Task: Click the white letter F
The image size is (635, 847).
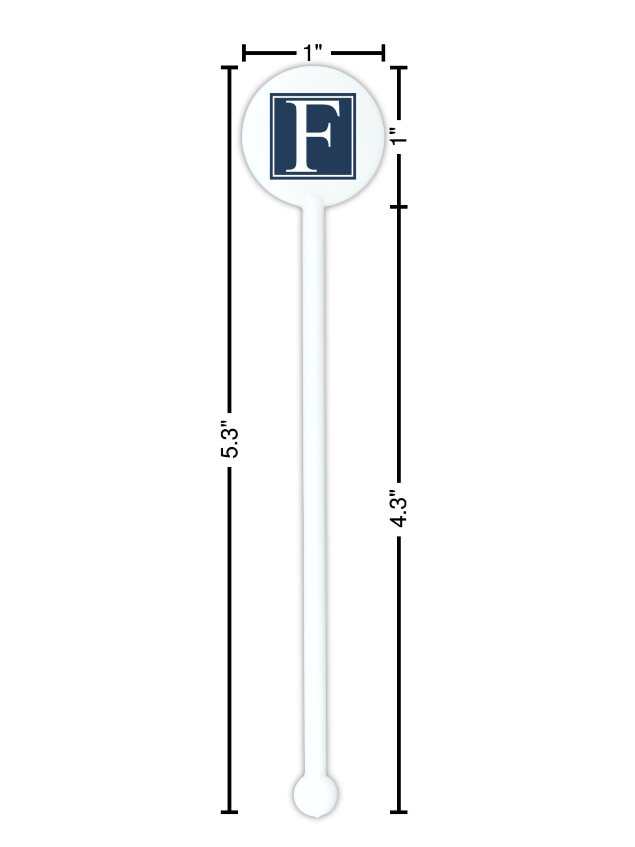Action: click(x=312, y=136)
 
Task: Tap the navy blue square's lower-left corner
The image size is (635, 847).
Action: click(x=270, y=180)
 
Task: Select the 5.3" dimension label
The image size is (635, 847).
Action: click(x=230, y=439)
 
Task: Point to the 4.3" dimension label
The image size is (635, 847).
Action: click(x=398, y=509)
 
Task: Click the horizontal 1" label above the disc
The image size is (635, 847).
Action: click(x=313, y=53)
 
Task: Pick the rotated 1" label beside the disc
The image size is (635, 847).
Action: click(x=398, y=136)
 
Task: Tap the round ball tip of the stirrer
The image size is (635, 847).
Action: click(x=316, y=794)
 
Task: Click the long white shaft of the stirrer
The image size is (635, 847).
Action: click(x=314, y=490)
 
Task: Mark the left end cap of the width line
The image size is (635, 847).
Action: click(x=244, y=53)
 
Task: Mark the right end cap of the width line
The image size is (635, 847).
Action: click(x=383, y=53)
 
